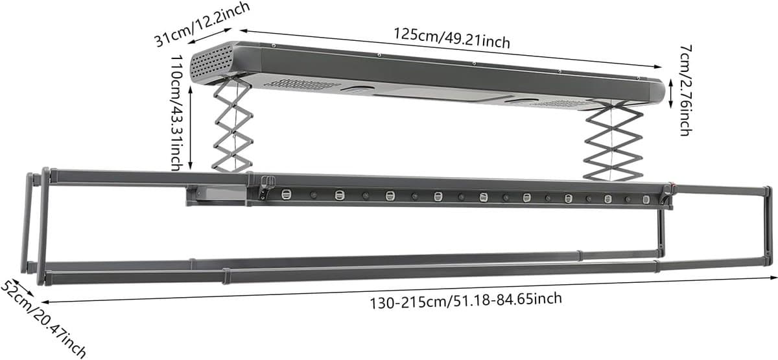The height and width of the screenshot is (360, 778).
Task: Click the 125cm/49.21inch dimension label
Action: [x=452, y=38]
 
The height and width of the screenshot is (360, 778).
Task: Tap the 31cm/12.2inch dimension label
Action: [x=202, y=23]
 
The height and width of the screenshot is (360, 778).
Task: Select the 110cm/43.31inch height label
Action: [x=177, y=113]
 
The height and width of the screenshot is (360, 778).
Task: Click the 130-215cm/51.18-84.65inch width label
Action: [x=466, y=301]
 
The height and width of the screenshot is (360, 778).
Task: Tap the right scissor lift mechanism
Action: [x=613, y=140]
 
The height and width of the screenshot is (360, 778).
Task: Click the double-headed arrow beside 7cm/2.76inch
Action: [x=670, y=93]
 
